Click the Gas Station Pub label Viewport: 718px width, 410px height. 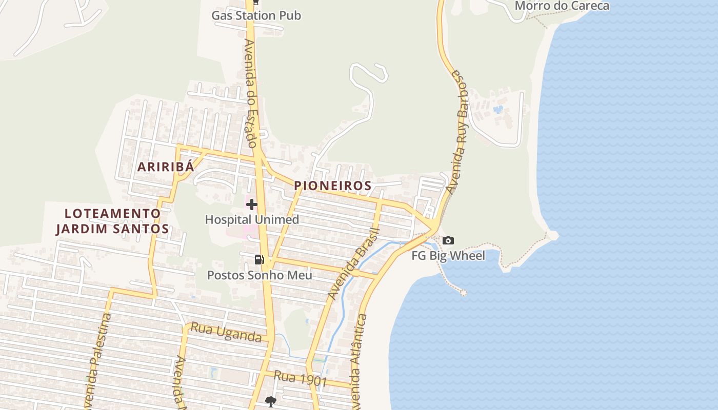pos(256,15)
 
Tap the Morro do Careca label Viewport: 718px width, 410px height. pos(562,6)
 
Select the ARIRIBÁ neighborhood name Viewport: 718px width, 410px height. pos(166,167)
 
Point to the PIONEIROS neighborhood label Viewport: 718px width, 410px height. pos(333,186)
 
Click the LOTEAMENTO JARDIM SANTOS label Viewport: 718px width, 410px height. pos(112,221)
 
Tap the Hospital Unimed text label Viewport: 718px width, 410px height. pos(252,220)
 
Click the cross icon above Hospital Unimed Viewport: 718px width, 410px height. pos(251,204)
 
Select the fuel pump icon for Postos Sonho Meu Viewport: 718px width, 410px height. pos(260,260)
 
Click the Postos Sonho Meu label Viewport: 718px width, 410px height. pos(260,275)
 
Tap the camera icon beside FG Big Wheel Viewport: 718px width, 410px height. pos(448,240)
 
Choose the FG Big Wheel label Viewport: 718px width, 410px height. pos(448,255)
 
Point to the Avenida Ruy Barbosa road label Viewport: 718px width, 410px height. pos(457,132)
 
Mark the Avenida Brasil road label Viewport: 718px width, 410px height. pos(353,264)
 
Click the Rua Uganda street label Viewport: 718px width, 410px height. pos(226,332)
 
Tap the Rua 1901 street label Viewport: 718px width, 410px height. pos(300,378)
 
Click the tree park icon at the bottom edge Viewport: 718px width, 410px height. pos(271,401)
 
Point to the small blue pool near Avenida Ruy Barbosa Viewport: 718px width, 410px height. pos(497,109)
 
